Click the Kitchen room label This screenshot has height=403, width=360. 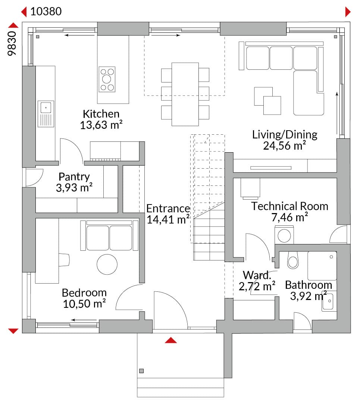click(101, 114)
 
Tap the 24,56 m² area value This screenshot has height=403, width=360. click(284, 146)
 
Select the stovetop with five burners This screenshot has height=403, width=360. click(107, 79)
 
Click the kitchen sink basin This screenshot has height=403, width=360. click(46, 107)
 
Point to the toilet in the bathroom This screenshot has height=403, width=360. click(293, 260)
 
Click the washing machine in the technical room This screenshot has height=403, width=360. click(284, 235)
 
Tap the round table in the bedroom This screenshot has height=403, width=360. click(107, 264)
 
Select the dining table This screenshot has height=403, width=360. click(185, 94)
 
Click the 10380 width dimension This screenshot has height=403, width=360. click(46, 11)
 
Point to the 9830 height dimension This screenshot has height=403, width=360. click(12, 43)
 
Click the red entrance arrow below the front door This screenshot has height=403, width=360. click(171, 340)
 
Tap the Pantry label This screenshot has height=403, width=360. click(74, 176)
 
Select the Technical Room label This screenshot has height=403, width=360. click(289, 206)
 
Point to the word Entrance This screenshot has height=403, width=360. click(168, 209)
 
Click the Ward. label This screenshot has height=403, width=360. click(257, 275)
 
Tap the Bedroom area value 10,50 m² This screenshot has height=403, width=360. click(84, 303)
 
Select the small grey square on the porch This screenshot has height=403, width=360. click(141, 371)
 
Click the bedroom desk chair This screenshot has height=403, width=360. click(64, 260)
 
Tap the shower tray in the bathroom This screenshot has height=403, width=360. click(322, 266)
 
